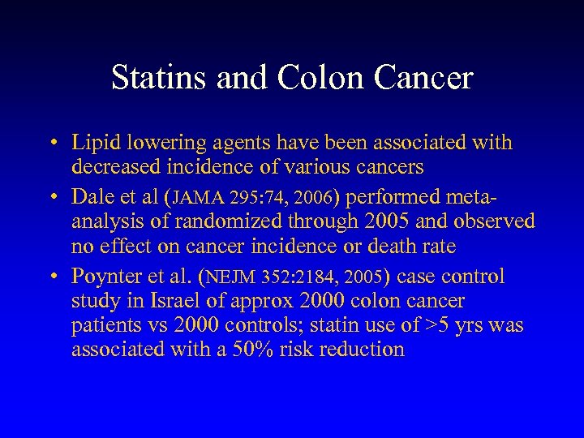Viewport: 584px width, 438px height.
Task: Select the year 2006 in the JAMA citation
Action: click(305, 197)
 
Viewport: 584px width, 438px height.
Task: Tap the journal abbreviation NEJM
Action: click(232, 277)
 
